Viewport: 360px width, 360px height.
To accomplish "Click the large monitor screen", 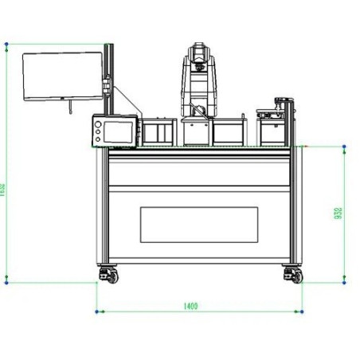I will [x=63, y=76].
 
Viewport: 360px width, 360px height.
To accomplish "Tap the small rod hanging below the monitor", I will [x=71, y=105].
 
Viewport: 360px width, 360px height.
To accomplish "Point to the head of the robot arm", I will [x=196, y=56].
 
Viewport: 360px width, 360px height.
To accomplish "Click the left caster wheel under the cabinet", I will [x=106, y=275].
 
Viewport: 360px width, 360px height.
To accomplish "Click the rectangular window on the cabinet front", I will [x=199, y=225].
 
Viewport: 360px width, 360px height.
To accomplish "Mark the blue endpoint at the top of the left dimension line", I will [x=7, y=43].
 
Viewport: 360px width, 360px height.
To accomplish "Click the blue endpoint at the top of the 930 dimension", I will [x=343, y=147].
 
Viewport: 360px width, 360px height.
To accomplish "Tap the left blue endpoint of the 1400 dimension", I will [x=96, y=311].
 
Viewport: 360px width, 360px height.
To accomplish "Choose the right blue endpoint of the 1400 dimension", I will [x=302, y=311].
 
